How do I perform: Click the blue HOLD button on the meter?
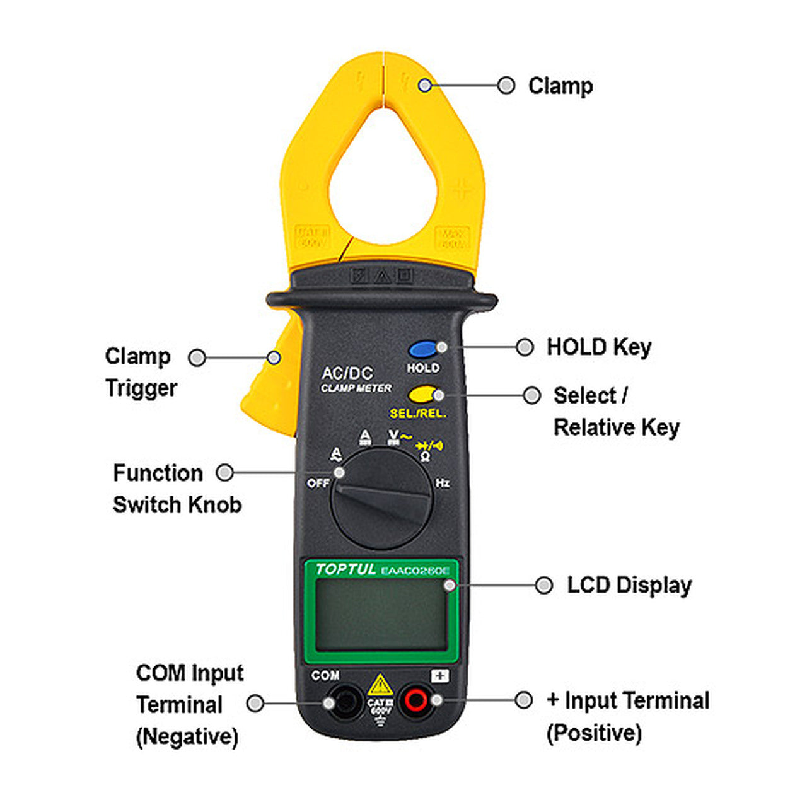pyautogui.click(x=422, y=349)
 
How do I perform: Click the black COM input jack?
pyautogui.click(x=345, y=702)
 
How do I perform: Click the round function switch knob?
pyautogui.click(x=381, y=498)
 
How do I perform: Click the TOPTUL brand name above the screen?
pyautogui.click(x=345, y=569)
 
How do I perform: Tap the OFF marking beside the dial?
pyautogui.click(x=318, y=484)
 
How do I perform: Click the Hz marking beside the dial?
pyautogui.click(x=443, y=483)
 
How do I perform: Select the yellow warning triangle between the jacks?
pyautogui.click(x=380, y=685)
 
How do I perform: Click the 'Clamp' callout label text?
pyautogui.click(x=560, y=86)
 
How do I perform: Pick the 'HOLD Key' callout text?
pyautogui.click(x=599, y=347)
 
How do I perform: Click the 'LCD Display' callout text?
pyautogui.click(x=629, y=585)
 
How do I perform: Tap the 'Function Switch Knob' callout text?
pyautogui.click(x=177, y=489)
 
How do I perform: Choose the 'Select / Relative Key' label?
pyautogui.click(x=616, y=411)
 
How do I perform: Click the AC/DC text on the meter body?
pyautogui.click(x=347, y=373)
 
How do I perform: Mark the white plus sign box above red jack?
pyautogui.click(x=440, y=676)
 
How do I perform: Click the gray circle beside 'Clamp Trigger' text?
pyautogui.click(x=197, y=357)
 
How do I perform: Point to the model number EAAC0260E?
pyautogui.click(x=416, y=571)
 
